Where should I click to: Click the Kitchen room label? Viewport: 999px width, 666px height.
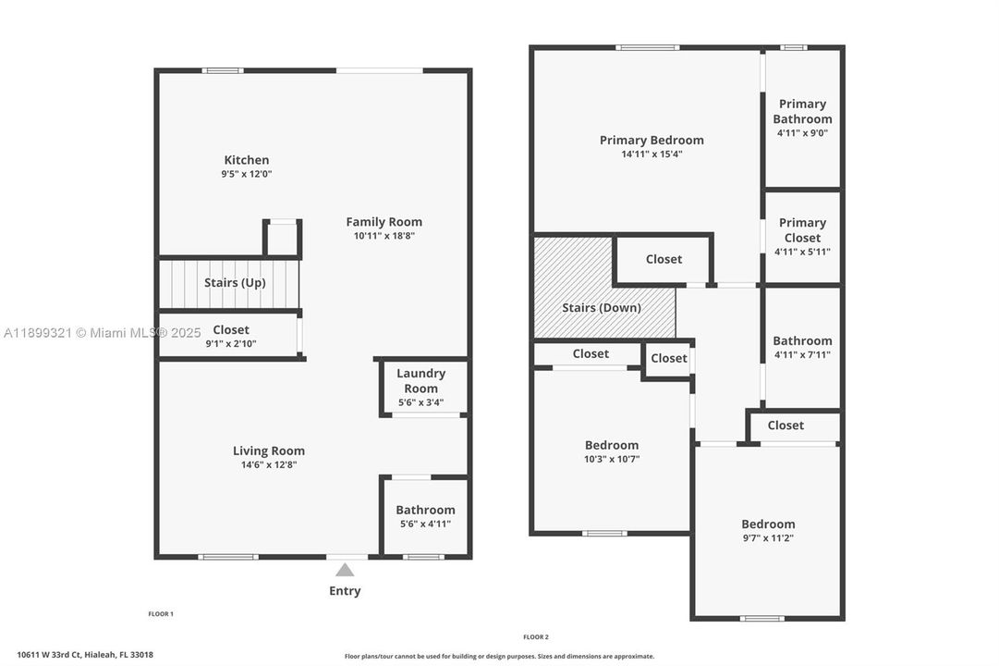247,160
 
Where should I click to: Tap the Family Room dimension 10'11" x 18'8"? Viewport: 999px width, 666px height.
384,236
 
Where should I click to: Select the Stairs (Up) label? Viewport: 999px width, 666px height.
235,283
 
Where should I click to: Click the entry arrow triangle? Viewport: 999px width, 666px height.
345,570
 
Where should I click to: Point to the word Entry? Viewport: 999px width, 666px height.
345,591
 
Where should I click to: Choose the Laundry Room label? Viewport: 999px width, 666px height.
420,380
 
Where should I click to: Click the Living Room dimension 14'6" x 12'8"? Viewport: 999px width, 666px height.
269,465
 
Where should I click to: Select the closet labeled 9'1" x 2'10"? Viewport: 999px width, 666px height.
231,337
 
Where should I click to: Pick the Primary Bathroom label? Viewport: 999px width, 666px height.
802,111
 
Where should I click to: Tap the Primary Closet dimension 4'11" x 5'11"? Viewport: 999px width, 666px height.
802,252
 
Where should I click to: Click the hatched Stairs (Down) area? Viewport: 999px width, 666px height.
601,307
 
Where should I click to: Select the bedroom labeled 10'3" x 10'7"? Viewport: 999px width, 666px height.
611,451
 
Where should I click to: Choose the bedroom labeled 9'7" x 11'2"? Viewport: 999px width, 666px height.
768,530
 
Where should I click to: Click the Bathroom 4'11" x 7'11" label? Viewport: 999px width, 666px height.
802,347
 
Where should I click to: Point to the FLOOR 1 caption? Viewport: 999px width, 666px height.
161,614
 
